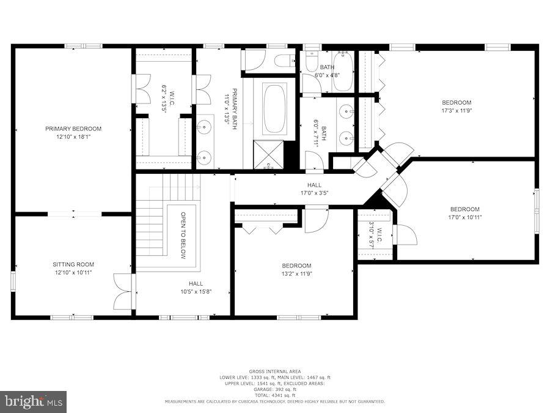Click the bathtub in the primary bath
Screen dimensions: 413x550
274,108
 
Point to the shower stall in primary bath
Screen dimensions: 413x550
268,155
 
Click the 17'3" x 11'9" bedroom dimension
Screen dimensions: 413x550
457,111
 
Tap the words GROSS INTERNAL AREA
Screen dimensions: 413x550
274,371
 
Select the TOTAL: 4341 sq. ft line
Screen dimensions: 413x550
275,395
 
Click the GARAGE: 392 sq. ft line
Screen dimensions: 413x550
275,389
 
